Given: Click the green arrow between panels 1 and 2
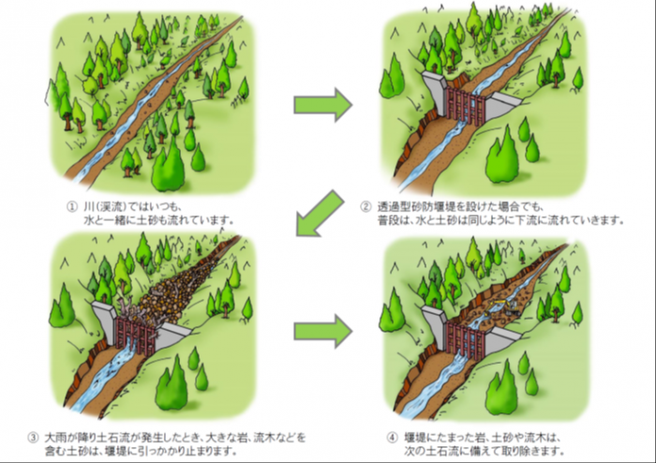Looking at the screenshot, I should pos(322,104).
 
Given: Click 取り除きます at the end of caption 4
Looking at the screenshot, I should pos(537,451).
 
